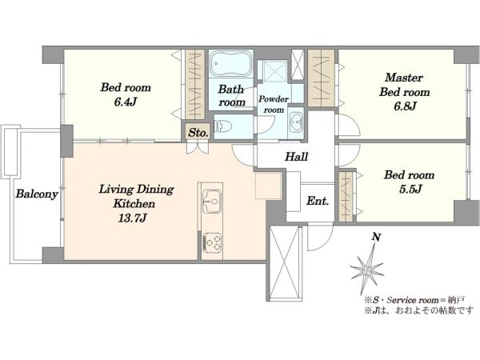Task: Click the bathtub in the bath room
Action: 231,63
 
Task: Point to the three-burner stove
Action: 212,242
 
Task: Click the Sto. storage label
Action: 198,133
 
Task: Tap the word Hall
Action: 296,157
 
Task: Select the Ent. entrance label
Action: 318,201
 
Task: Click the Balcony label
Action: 37,194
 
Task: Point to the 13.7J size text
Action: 132,218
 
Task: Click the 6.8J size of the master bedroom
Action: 405,106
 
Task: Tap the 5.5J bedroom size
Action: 410,189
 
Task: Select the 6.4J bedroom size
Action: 126,102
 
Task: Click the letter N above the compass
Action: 376,237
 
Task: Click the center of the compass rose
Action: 366,271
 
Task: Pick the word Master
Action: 404,78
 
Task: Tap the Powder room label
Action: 274,104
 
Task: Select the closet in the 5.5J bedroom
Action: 346,197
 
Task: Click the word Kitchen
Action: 134,203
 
